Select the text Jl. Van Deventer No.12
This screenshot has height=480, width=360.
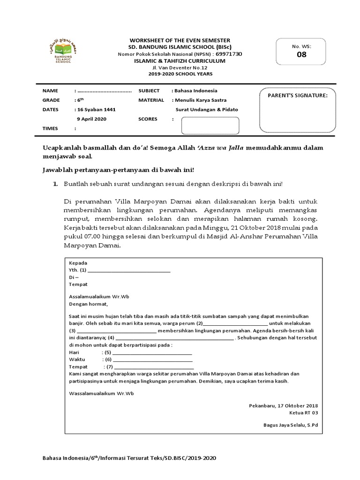click(180, 67)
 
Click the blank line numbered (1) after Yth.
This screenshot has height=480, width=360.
click(129, 270)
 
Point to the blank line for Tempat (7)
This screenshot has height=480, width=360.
click(153, 367)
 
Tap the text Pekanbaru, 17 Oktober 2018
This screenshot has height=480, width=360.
click(284, 405)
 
